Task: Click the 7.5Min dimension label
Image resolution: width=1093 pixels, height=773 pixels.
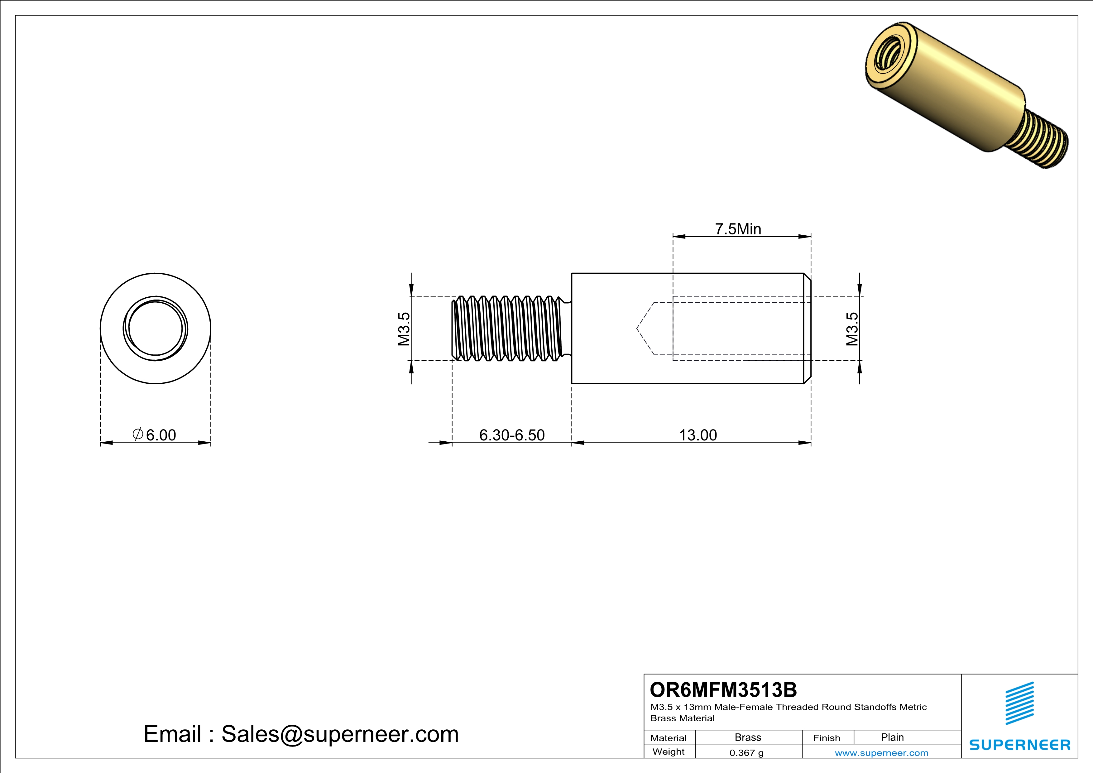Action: click(x=738, y=229)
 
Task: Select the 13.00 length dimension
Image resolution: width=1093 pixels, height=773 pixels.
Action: click(x=698, y=435)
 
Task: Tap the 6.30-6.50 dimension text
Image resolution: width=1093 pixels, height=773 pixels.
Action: click(x=512, y=435)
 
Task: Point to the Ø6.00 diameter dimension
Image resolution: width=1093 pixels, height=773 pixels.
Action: click(x=155, y=435)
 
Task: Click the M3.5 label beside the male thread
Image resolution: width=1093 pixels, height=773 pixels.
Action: click(x=404, y=329)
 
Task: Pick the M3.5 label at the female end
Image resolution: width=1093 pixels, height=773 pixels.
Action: click(x=852, y=329)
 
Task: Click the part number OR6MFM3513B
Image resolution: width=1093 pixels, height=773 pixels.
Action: click(x=723, y=690)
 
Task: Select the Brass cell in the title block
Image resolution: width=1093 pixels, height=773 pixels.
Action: click(x=748, y=737)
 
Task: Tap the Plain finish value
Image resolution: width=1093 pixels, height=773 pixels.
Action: click(x=892, y=737)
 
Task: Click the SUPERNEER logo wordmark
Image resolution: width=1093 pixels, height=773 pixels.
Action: click(x=1020, y=745)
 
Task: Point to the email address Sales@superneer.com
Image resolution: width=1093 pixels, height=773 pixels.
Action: click(x=301, y=734)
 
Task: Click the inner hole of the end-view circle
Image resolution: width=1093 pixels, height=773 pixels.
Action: click(x=156, y=329)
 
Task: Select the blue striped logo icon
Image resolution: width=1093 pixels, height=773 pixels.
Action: click(x=1019, y=703)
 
